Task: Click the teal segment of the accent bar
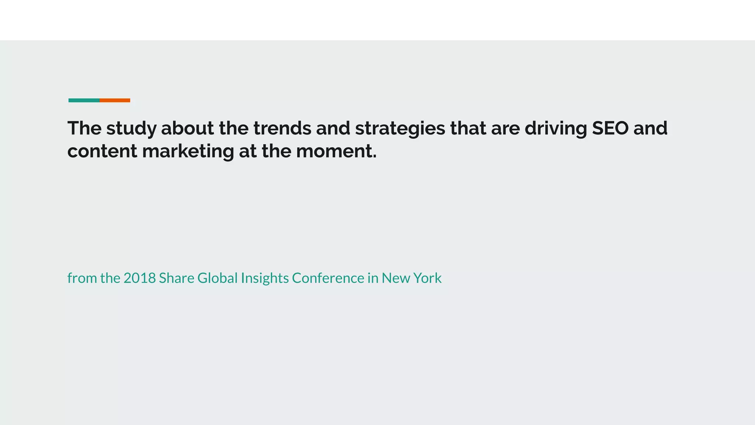[x=84, y=100]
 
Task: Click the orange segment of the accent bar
[x=115, y=100]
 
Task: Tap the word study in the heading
[x=131, y=128]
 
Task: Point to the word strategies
[x=400, y=128]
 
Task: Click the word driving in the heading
[x=556, y=128]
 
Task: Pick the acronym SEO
[x=610, y=128]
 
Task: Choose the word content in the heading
[x=102, y=151]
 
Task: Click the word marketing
[x=188, y=151]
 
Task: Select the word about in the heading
[x=187, y=128]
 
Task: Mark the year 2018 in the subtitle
[x=139, y=278]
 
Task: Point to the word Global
[x=218, y=278]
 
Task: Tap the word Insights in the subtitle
[x=264, y=278]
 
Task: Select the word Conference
[x=328, y=278]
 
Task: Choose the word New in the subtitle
[x=395, y=278]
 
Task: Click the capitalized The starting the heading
[x=84, y=128]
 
